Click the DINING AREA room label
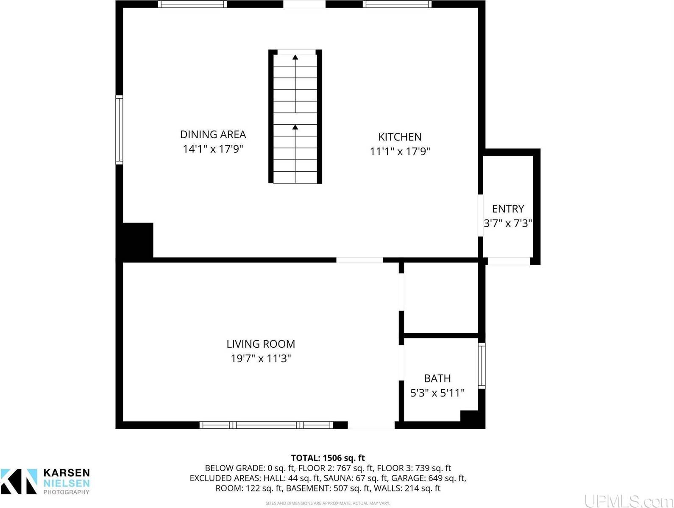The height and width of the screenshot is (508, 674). pyautogui.click(x=213, y=134)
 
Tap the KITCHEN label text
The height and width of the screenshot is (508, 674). pyautogui.click(x=400, y=137)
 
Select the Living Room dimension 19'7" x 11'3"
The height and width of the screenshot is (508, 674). pyautogui.click(x=260, y=359)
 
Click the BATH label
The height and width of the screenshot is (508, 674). pyautogui.click(x=437, y=378)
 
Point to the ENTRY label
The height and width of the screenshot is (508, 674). pyautogui.click(x=508, y=209)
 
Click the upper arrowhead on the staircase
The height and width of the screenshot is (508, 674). pyautogui.click(x=295, y=57)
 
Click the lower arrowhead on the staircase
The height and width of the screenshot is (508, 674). pyautogui.click(x=295, y=127)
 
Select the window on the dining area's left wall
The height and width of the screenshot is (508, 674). pyautogui.click(x=119, y=130)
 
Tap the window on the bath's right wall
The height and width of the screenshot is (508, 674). pyautogui.click(x=482, y=366)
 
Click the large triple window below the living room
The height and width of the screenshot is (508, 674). pyautogui.click(x=266, y=425)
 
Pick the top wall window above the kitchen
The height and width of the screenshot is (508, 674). pyautogui.click(x=397, y=4)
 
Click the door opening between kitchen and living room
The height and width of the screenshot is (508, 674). pyautogui.click(x=359, y=260)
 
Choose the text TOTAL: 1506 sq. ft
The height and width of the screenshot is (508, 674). pyautogui.click(x=328, y=458)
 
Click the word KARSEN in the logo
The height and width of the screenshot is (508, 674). pyautogui.click(x=67, y=473)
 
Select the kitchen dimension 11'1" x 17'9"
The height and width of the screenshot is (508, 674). pyautogui.click(x=400, y=151)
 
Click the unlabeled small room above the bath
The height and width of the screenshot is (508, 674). pyautogui.click(x=441, y=298)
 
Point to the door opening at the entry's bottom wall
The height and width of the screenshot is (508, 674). pyautogui.click(x=508, y=261)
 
